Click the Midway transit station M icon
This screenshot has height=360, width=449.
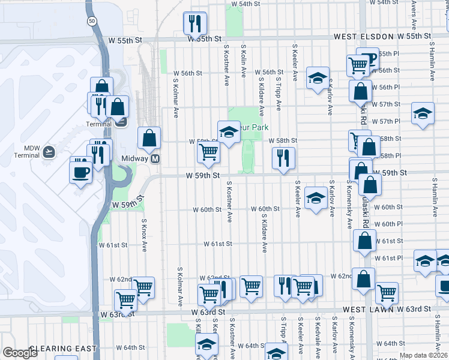(155, 159)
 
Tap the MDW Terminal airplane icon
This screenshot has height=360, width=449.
(49, 152)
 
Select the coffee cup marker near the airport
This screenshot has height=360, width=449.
(80, 173)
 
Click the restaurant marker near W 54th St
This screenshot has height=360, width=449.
(194, 23)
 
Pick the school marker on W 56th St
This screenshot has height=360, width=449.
(318, 78)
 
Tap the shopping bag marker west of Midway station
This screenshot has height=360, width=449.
(149, 138)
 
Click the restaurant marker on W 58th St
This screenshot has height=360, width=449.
(283, 158)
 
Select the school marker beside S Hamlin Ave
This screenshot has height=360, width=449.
(423, 113)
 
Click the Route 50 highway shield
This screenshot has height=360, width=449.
(91, 21)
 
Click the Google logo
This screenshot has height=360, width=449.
(19, 353)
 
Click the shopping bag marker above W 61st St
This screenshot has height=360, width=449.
(364, 241)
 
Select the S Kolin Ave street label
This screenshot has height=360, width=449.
(244, 60)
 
